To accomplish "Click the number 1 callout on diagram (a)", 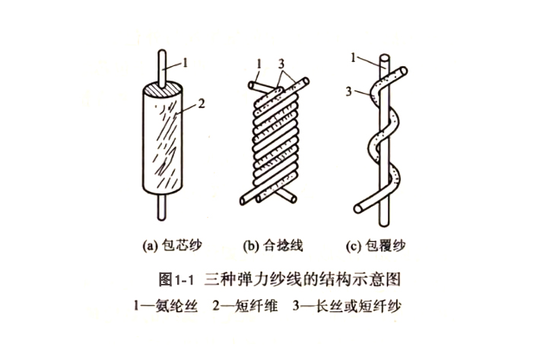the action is (x=186, y=62).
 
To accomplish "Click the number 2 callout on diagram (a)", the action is (x=202, y=104).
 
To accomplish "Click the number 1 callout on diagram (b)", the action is (x=259, y=64).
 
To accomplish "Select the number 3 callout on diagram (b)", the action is (x=281, y=64).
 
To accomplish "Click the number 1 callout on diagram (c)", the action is (x=353, y=58).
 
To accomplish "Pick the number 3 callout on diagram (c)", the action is (x=349, y=91).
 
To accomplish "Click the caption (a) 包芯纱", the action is (x=172, y=246).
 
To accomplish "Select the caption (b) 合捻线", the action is (x=273, y=246).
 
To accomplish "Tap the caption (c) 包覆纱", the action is (x=376, y=246).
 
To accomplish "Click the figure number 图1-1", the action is (x=176, y=279).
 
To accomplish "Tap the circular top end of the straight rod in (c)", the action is (x=384, y=58).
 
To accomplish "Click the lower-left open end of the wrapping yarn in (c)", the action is (x=358, y=209).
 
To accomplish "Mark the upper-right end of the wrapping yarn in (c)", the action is (x=403, y=72).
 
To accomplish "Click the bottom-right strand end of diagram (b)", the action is (x=293, y=199).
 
